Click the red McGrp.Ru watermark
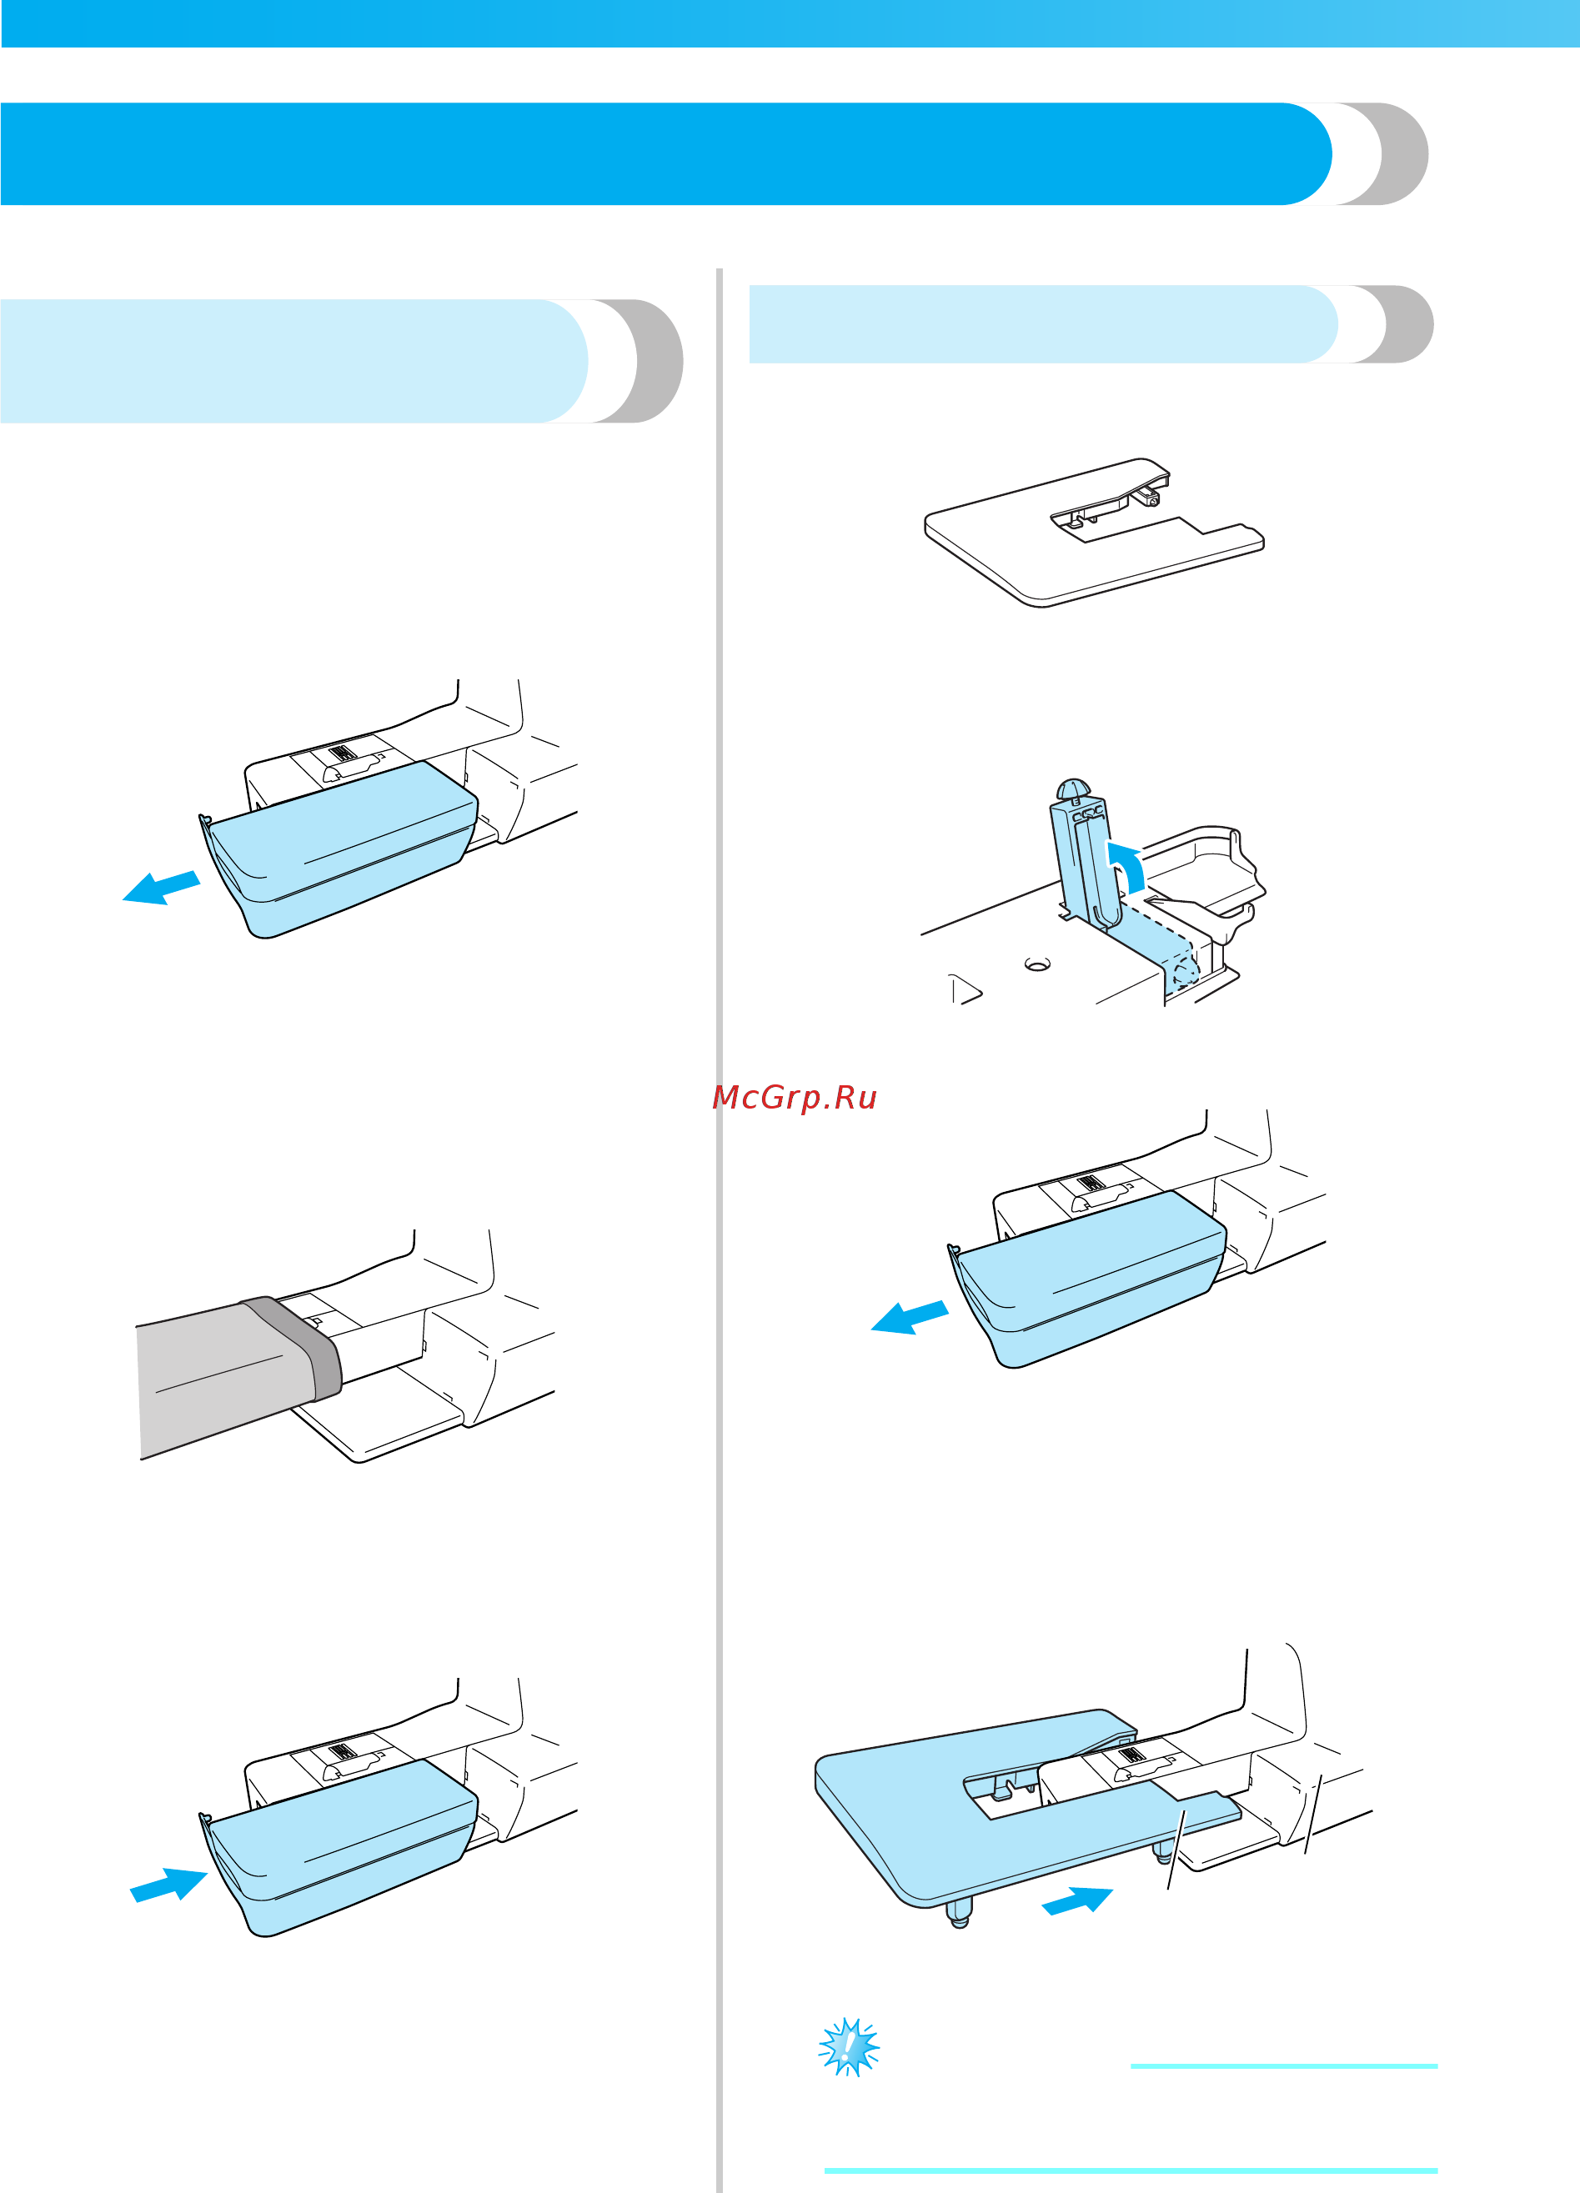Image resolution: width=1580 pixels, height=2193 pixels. (794, 1098)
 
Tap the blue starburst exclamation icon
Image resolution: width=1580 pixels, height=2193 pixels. (849, 2046)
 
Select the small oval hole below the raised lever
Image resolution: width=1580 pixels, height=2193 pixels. (1037, 964)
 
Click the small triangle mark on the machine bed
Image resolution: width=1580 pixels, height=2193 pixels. (965, 989)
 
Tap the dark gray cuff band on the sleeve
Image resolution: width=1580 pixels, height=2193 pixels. (295, 1347)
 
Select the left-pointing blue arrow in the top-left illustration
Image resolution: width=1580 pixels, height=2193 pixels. (162, 888)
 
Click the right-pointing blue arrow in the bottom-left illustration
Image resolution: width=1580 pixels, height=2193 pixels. (168, 1885)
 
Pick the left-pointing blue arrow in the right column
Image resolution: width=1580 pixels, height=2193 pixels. (910, 1318)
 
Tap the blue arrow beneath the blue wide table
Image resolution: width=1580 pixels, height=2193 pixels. (1077, 1900)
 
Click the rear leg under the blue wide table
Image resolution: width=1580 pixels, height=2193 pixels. (1163, 1853)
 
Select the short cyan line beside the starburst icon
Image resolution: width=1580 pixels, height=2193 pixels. (1284, 2066)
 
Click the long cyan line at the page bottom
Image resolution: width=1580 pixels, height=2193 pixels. (1131, 2171)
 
